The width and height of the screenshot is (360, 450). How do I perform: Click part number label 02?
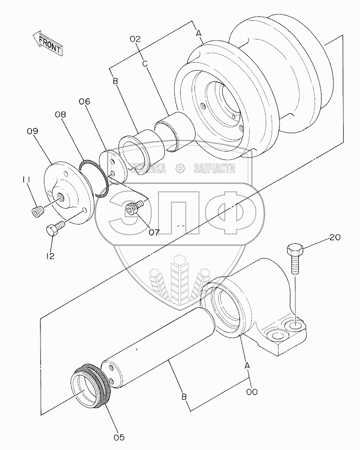pos(136,39)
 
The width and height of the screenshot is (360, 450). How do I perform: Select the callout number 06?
pos(84,101)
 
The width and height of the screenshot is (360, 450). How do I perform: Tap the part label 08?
pos(60,114)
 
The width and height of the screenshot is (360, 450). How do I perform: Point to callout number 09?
pos(33,131)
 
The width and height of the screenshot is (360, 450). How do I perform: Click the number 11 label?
pos(26,180)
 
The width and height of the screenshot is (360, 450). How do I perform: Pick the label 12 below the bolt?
pos(50,256)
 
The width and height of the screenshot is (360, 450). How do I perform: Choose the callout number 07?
pos(154,232)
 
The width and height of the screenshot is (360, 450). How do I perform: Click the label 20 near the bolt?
pos(335,237)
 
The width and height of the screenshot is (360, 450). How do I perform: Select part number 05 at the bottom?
pos(119,437)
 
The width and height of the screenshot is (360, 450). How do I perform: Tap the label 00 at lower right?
pos(252,391)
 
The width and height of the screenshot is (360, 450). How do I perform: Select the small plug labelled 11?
pos(37,212)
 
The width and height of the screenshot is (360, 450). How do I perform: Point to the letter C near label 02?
pos(145,64)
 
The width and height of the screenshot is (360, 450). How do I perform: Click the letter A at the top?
pos(199,34)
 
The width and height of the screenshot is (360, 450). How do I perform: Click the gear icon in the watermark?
pos(180,168)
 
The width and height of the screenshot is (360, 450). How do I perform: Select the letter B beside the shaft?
pos(184,397)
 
